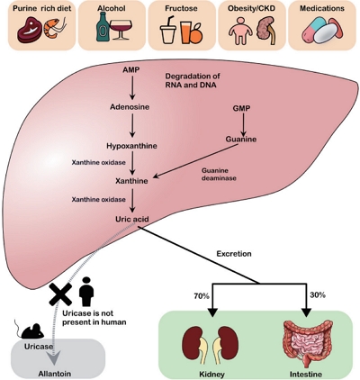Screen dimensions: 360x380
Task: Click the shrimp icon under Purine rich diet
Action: click(x=55, y=30)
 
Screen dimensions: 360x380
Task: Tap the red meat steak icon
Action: click(x=30, y=30)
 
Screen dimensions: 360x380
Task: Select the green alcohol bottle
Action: click(x=102, y=26)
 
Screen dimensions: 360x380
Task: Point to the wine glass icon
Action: click(x=121, y=30)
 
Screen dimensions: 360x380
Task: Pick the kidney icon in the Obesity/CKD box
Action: click(x=266, y=31)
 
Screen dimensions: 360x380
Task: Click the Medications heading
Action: click(x=322, y=8)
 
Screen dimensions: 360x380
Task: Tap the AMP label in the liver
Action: click(x=131, y=70)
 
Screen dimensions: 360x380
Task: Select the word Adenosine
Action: click(x=130, y=107)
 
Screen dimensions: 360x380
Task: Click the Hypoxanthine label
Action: click(x=131, y=146)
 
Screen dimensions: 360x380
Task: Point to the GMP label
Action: click(x=241, y=108)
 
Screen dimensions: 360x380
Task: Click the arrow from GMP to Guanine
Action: click(x=243, y=124)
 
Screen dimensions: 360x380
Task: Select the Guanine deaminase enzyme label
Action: click(x=219, y=174)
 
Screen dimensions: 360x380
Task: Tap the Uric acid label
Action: click(x=132, y=219)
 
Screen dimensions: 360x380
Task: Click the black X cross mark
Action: click(x=60, y=294)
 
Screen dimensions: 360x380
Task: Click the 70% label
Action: click(x=202, y=296)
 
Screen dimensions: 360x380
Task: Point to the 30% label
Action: click(x=318, y=295)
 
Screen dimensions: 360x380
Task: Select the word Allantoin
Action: click(x=55, y=374)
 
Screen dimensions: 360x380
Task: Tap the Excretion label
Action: click(x=234, y=254)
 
